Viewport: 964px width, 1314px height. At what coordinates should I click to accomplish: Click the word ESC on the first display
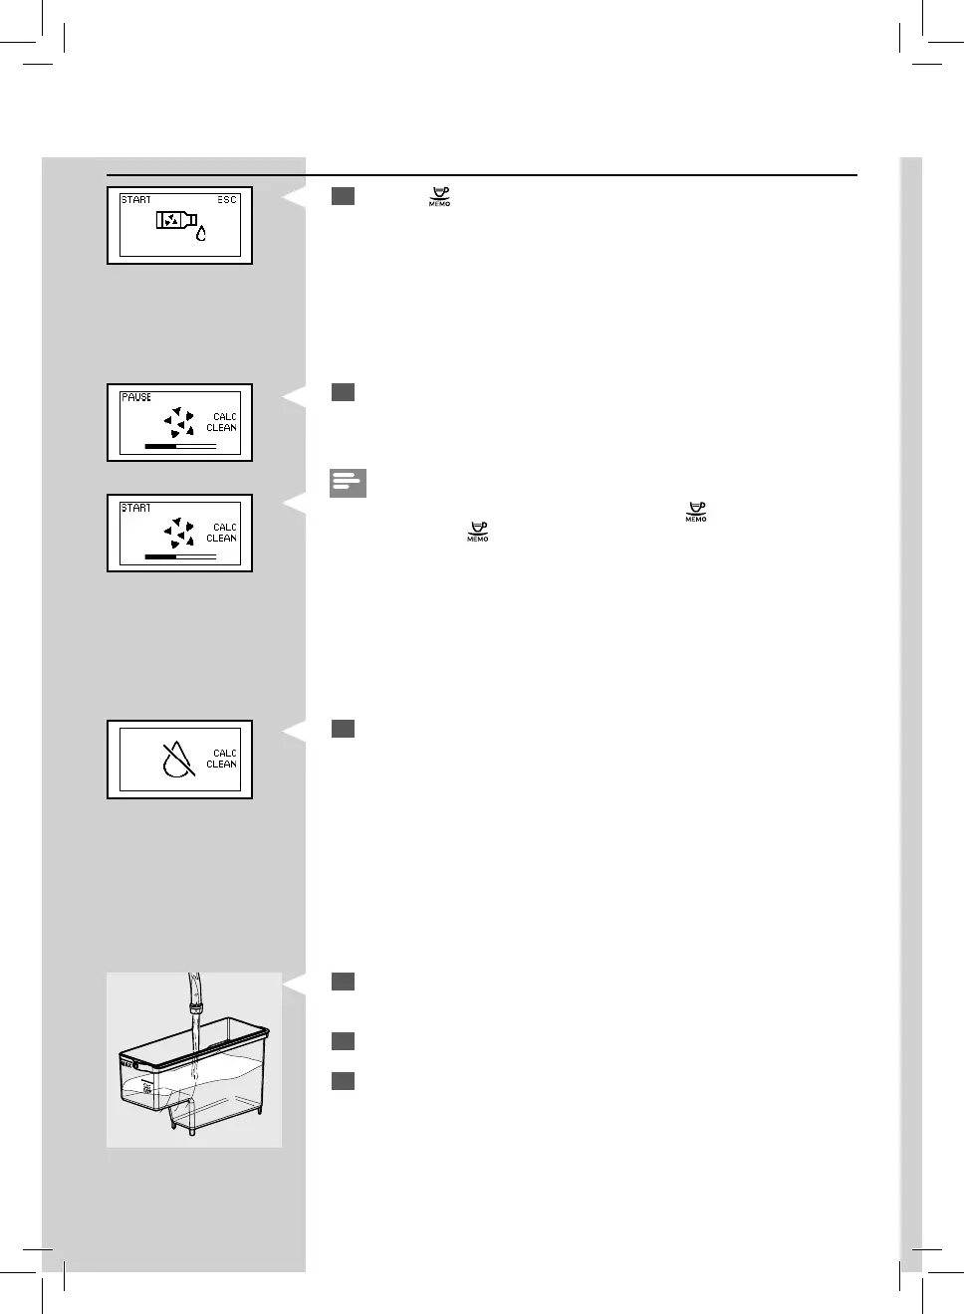pos(227,200)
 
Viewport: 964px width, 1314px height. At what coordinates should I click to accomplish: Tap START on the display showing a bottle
pos(136,200)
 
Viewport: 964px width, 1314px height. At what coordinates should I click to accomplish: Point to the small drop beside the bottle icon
pos(201,233)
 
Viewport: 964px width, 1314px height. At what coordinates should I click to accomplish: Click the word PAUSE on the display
pos(136,397)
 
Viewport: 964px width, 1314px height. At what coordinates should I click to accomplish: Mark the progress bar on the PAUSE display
pos(180,446)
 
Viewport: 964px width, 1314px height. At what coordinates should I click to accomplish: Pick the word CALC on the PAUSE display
pos(225,417)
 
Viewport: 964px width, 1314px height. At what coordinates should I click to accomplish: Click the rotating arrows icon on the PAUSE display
pos(179,422)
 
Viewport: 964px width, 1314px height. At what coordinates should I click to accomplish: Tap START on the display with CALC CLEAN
pos(136,508)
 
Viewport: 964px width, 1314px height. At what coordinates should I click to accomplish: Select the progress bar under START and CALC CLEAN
pos(180,556)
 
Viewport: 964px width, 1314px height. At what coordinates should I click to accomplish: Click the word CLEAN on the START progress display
pos(222,539)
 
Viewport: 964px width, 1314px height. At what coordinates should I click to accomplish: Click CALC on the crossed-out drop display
pos(225,754)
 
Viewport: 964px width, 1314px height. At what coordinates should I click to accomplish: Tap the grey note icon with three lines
pos(348,483)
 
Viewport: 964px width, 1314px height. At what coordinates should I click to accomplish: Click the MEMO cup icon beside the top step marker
pos(439,196)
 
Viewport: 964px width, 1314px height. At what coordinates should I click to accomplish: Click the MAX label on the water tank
pos(126,1063)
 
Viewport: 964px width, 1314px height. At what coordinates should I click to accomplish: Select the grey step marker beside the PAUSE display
pos(343,392)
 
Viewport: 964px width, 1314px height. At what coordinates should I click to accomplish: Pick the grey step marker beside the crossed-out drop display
pos(343,729)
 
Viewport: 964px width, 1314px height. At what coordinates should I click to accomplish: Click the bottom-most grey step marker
pos(343,1081)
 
